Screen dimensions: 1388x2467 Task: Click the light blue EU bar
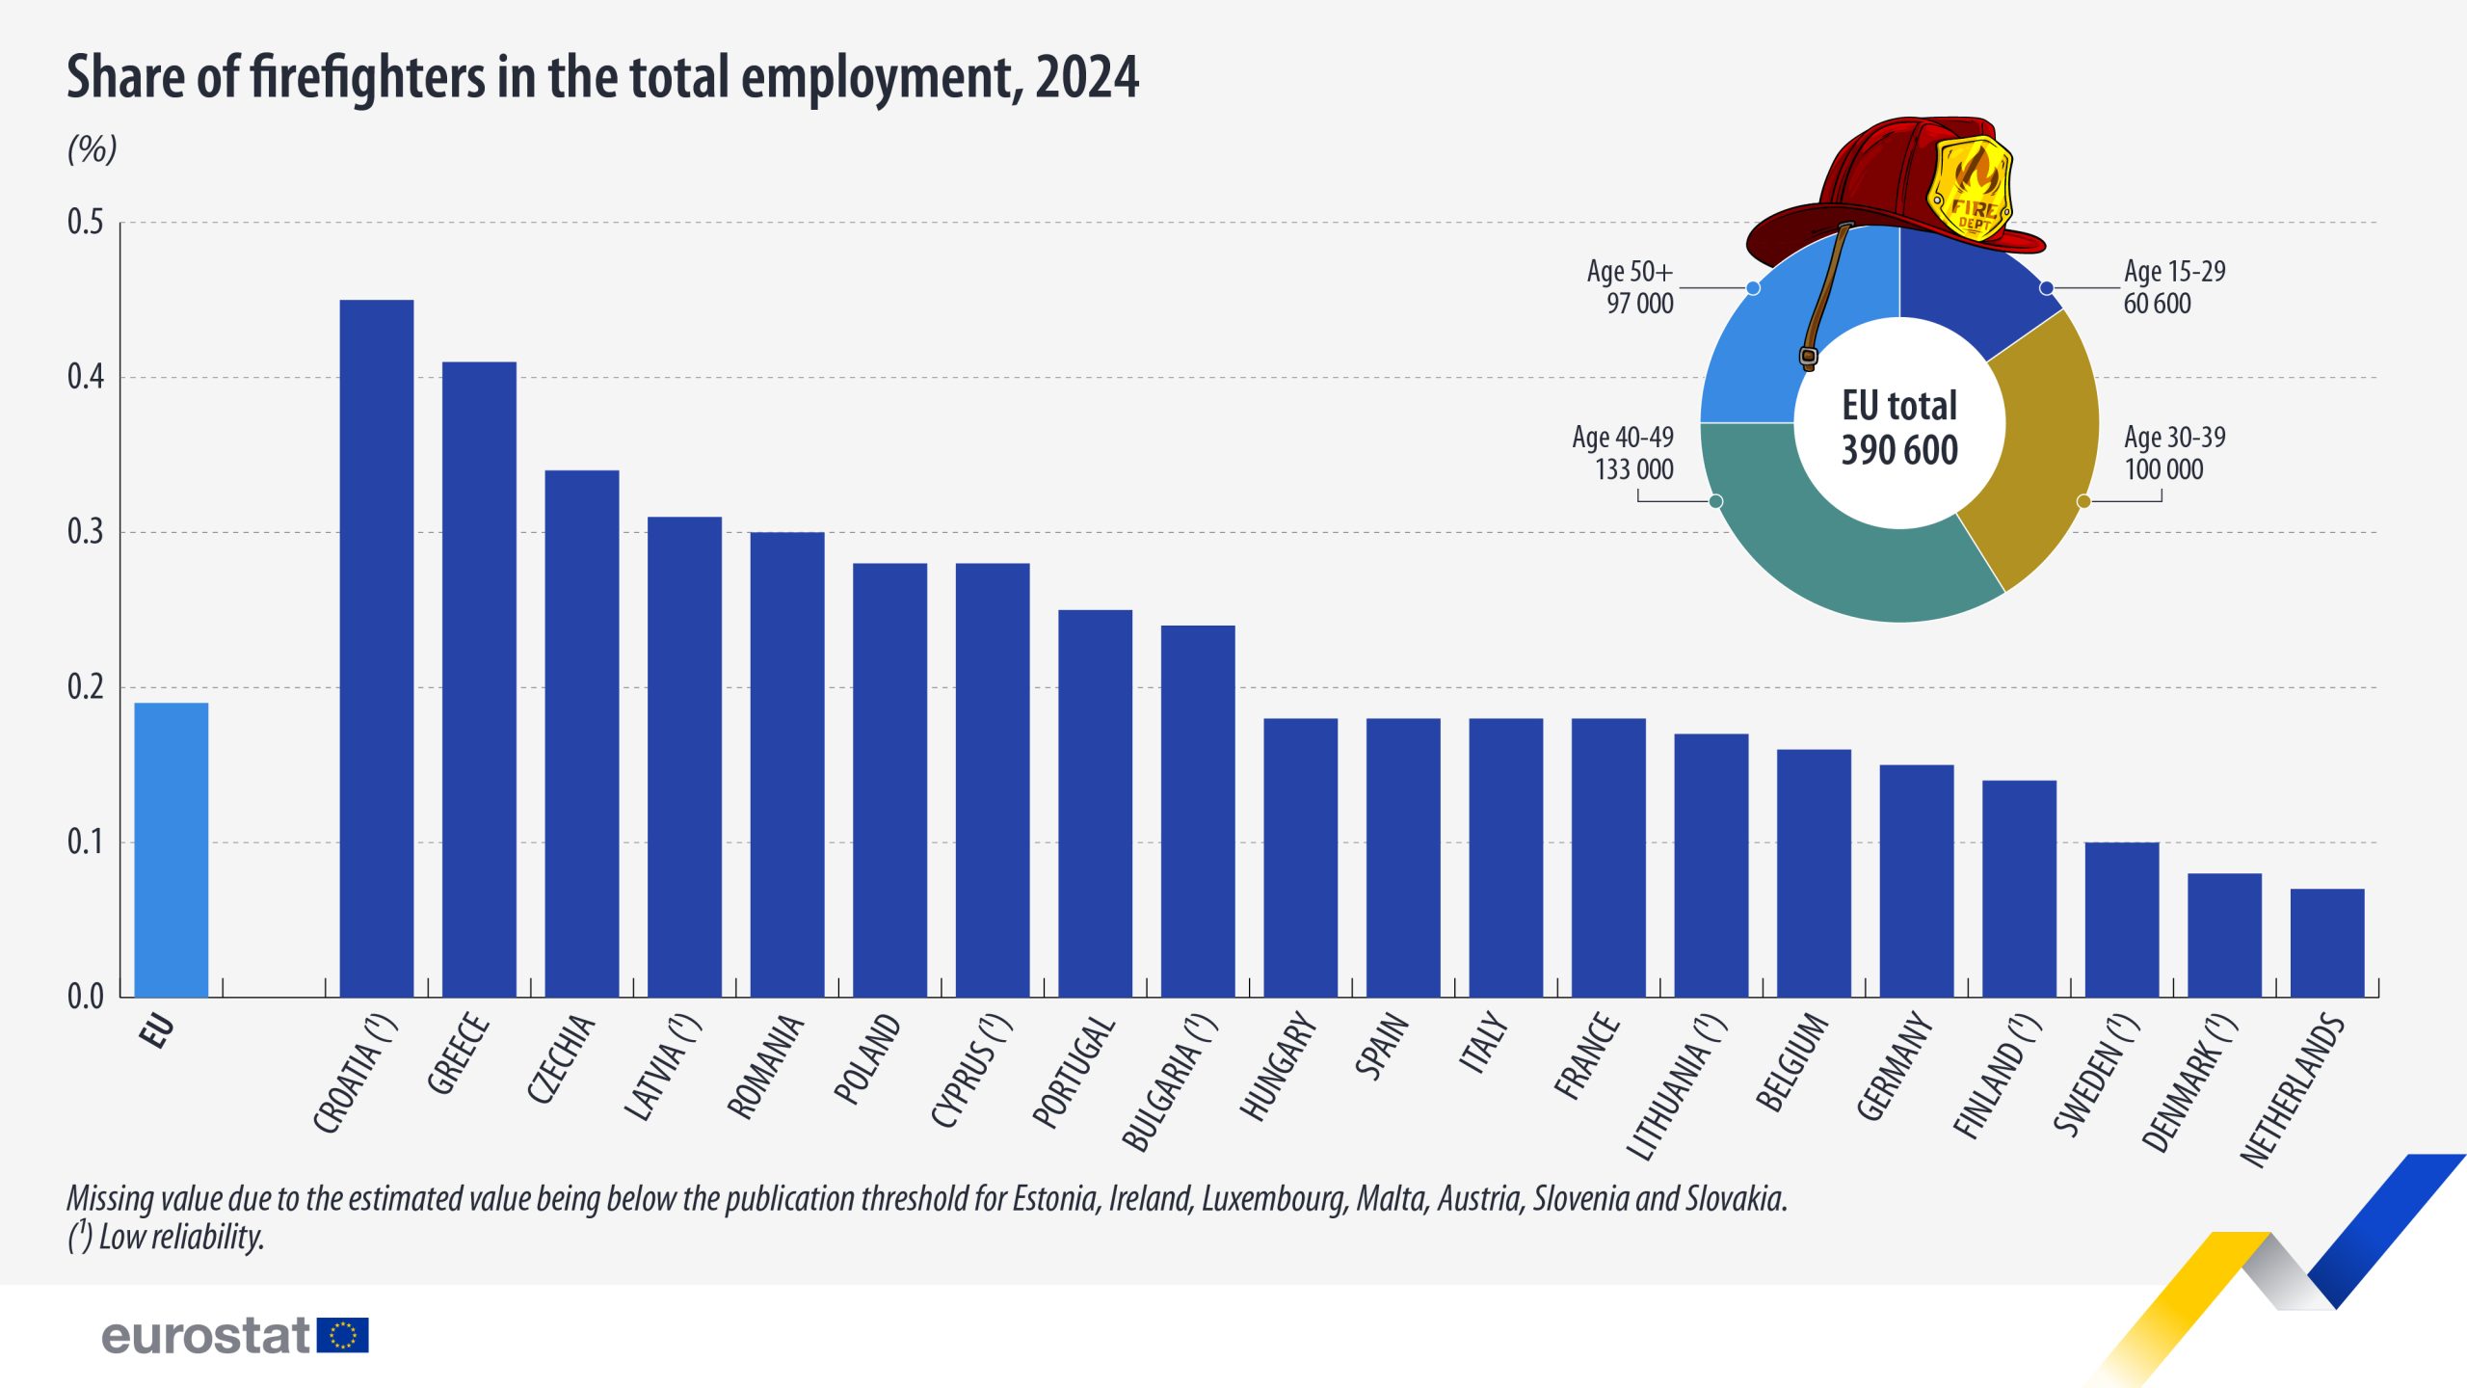[x=171, y=848]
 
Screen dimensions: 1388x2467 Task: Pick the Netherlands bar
[x=2326, y=942]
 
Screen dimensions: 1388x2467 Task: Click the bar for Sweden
[x=2121, y=919]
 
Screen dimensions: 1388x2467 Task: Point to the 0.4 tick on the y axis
[x=85, y=377]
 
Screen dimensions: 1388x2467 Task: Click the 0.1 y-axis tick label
[x=85, y=842]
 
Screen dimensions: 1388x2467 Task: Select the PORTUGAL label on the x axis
[x=1074, y=1071]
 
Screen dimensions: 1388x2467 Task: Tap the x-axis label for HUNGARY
[x=1278, y=1066]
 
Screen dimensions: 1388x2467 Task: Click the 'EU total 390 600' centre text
[x=1899, y=427]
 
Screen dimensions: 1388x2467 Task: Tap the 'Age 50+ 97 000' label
[x=1631, y=287]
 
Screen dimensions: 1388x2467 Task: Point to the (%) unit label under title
[x=92, y=149]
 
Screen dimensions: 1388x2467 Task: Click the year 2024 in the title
[x=1087, y=77]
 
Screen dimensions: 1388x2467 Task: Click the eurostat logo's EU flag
[x=342, y=1335]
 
